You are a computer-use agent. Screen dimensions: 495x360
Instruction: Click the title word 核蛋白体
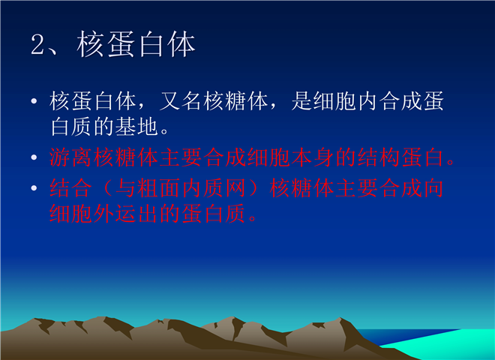[x=136, y=44]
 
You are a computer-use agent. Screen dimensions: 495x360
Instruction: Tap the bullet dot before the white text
[x=34, y=101]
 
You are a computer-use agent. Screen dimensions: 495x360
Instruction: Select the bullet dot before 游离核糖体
[x=34, y=157]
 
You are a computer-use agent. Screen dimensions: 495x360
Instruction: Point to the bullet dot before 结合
[x=34, y=188]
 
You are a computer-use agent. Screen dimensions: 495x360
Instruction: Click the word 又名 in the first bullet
[x=181, y=101]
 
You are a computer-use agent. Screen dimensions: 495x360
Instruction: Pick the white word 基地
[x=136, y=127]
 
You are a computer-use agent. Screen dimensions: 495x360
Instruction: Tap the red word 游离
[x=71, y=157]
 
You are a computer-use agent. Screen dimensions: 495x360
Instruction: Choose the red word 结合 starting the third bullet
[x=71, y=188]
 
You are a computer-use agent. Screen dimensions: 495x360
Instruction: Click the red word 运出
[x=136, y=214]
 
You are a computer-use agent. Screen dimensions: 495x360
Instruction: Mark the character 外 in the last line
[x=103, y=214]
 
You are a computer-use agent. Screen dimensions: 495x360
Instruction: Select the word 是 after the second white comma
[x=301, y=101]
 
